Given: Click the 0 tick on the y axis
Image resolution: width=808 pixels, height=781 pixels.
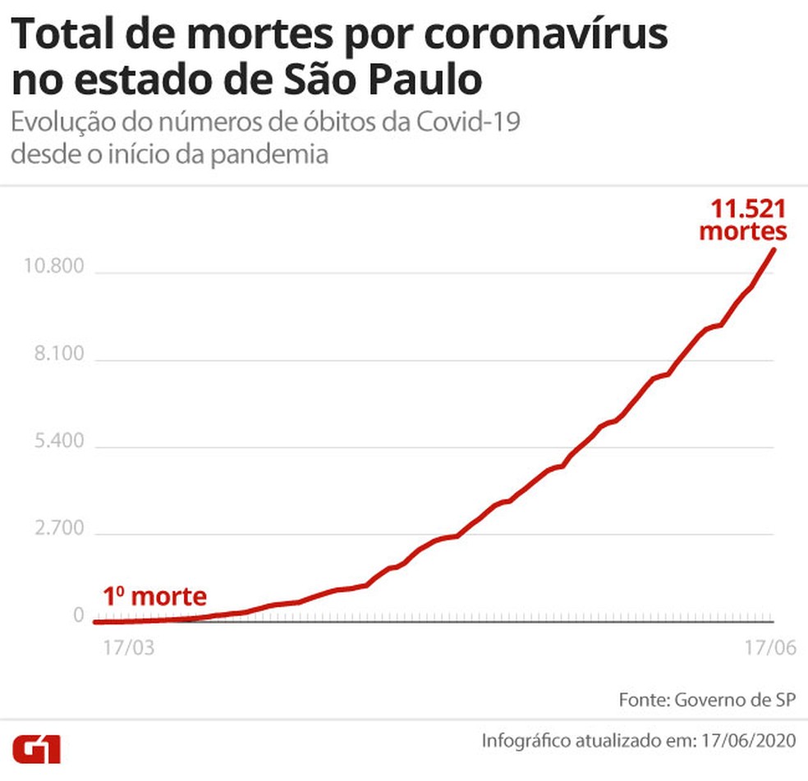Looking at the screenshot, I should [x=79, y=615].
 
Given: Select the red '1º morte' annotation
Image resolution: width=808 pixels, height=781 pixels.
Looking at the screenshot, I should [x=155, y=596].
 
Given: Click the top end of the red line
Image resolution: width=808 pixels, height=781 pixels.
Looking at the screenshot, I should [x=773, y=249].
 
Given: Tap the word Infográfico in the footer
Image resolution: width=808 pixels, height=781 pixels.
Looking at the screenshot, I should [x=528, y=739].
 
